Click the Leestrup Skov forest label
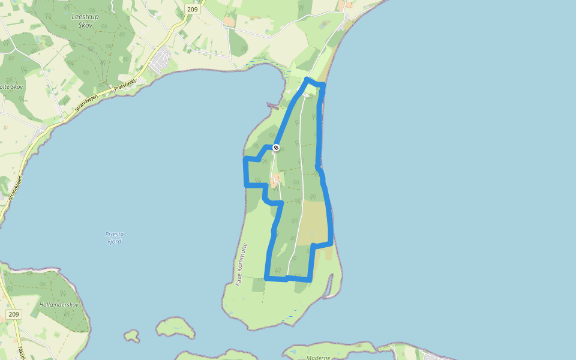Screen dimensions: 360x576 click(85, 20)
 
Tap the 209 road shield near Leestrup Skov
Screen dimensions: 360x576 click(193, 9)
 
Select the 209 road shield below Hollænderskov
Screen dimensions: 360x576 click(13, 314)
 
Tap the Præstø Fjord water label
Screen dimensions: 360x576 click(113, 238)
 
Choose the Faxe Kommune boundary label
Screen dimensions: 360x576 click(241, 264)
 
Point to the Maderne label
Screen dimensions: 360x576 click(318, 358)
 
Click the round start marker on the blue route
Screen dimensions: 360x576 click(276, 147)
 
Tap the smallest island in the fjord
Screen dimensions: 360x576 click(131, 335)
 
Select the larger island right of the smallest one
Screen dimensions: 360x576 click(175, 328)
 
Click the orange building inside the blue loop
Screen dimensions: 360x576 click(275, 179)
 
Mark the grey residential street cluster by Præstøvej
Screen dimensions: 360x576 click(160, 61)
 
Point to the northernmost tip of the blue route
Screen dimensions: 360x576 click(307, 79)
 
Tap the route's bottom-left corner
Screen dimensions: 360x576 click(266, 278)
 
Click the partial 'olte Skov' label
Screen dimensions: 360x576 click(12, 87)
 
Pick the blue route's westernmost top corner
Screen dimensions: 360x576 click(245, 159)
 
